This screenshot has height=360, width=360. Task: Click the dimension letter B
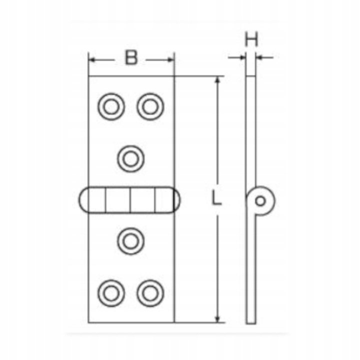131,58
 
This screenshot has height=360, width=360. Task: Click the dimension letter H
251,39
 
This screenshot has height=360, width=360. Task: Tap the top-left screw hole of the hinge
111,106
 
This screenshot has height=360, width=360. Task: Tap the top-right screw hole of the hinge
150,106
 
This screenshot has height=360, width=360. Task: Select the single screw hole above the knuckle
131,158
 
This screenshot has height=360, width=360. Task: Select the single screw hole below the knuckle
131,240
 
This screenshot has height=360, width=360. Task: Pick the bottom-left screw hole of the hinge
111,292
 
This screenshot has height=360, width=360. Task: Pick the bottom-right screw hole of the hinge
150,292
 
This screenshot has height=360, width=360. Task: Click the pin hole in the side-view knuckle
260,201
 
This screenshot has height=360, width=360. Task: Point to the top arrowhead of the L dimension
217,80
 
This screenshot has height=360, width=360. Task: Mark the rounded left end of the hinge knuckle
83,200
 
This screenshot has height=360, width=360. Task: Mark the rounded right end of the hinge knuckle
177,200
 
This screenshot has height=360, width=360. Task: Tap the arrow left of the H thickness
242,58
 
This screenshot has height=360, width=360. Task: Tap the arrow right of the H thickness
262,58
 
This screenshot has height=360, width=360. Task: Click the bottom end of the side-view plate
251,321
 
